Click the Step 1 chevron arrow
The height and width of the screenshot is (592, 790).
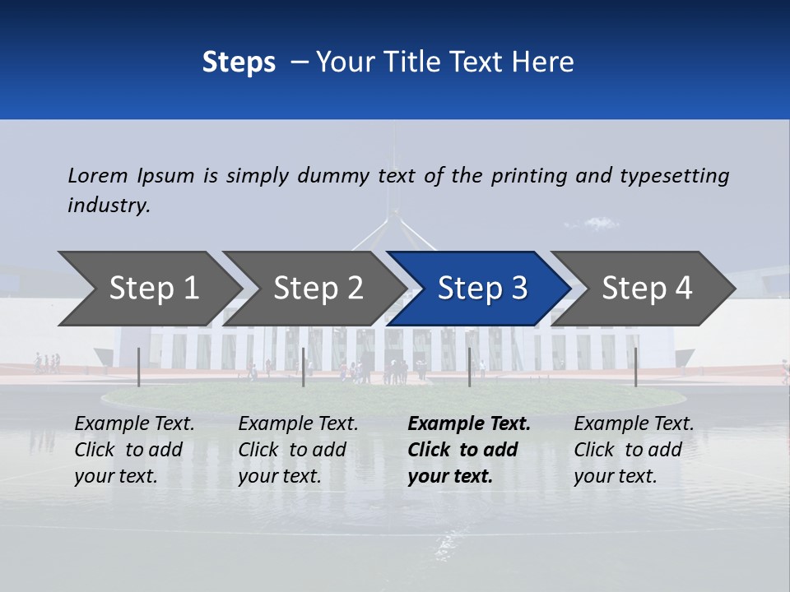(x=152, y=289)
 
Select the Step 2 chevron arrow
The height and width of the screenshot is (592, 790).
(x=317, y=289)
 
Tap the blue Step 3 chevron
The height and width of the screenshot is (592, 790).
(x=481, y=289)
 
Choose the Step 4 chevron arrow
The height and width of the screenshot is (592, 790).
(x=645, y=289)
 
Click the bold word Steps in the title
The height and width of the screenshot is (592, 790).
(x=239, y=62)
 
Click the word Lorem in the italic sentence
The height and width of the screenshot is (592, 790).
(x=98, y=175)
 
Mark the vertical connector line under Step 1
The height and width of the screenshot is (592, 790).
(x=139, y=367)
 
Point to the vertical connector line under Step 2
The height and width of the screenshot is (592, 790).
(x=304, y=367)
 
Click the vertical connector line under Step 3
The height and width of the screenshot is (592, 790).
(x=470, y=367)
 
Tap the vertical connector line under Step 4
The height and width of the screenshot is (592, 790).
(x=636, y=367)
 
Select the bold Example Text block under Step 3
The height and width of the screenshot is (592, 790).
(x=468, y=450)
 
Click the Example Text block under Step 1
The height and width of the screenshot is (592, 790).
(x=134, y=450)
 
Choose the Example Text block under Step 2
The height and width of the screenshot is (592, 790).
(x=298, y=450)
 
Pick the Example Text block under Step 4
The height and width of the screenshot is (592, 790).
(x=634, y=450)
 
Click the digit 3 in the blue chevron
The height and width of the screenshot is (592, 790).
(x=518, y=289)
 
